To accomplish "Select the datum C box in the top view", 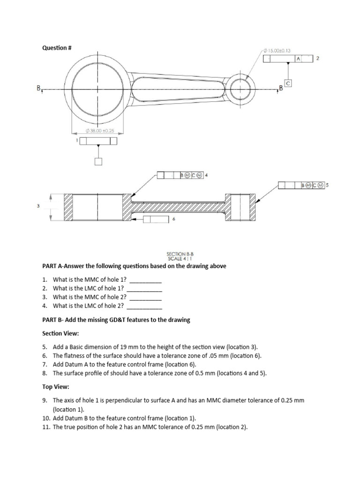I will click(x=288, y=83).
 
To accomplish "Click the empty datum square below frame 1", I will click(x=98, y=162).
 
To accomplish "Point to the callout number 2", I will click(x=318, y=58).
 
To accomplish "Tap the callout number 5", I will click(x=327, y=185).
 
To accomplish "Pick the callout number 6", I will click(x=174, y=219).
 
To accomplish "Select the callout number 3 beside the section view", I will click(x=38, y=206).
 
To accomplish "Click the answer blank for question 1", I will click(x=145, y=282).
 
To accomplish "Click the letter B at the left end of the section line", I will click(x=39, y=88).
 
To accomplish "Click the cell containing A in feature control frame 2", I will click(x=298, y=59).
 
